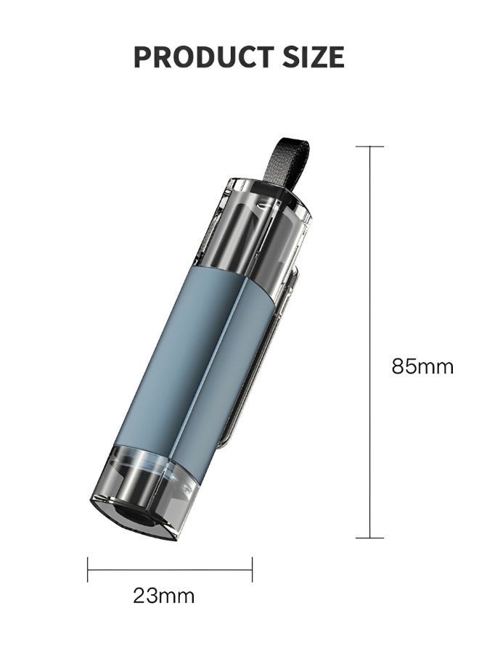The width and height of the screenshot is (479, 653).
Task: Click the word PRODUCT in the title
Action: (204, 57)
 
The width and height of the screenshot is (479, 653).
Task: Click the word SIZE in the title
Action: (314, 57)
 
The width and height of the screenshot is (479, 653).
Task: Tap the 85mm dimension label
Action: (422, 366)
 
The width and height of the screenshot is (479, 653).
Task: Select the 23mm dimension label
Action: (164, 596)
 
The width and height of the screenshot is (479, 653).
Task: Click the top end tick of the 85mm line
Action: (370, 147)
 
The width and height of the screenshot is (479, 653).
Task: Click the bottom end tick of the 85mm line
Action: (370, 538)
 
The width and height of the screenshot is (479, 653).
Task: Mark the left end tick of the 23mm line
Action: (88, 570)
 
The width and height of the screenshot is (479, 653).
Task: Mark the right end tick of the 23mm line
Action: (252, 570)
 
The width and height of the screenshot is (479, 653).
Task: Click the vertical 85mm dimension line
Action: (370, 342)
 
